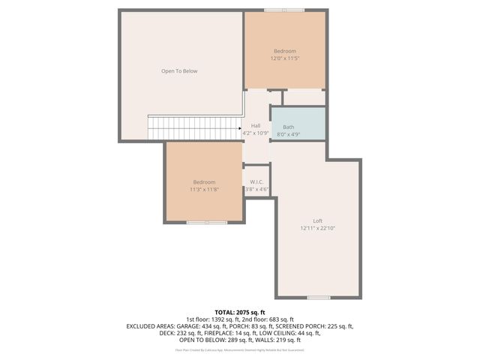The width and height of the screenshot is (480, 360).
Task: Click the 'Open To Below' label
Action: [179, 71]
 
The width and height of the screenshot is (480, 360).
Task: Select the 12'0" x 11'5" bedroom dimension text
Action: [285, 58]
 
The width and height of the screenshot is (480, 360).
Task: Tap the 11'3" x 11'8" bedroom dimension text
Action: [204, 189]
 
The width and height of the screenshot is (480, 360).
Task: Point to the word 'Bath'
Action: [289, 127]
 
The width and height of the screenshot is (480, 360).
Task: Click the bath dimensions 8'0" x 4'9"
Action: [289, 134]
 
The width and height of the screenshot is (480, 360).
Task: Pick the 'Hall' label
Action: [256, 125]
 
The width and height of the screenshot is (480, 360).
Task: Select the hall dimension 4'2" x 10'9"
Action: [256, 133]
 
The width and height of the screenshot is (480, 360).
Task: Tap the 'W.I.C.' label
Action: [256, 181]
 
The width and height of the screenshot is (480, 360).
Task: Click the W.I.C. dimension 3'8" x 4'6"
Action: [256, 189]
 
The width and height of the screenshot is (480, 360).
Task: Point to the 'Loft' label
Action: [317, 220]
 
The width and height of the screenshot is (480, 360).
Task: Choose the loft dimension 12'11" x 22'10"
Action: [317, 228]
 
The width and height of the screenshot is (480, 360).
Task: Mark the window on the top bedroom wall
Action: [284, 10]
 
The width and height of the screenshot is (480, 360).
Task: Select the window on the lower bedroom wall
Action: [206, 222]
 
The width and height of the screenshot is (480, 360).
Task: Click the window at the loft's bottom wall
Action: [318, 298]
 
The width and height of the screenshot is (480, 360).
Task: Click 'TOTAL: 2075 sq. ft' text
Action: [240, 312]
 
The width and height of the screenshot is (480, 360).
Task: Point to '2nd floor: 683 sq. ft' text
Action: [271, 319]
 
